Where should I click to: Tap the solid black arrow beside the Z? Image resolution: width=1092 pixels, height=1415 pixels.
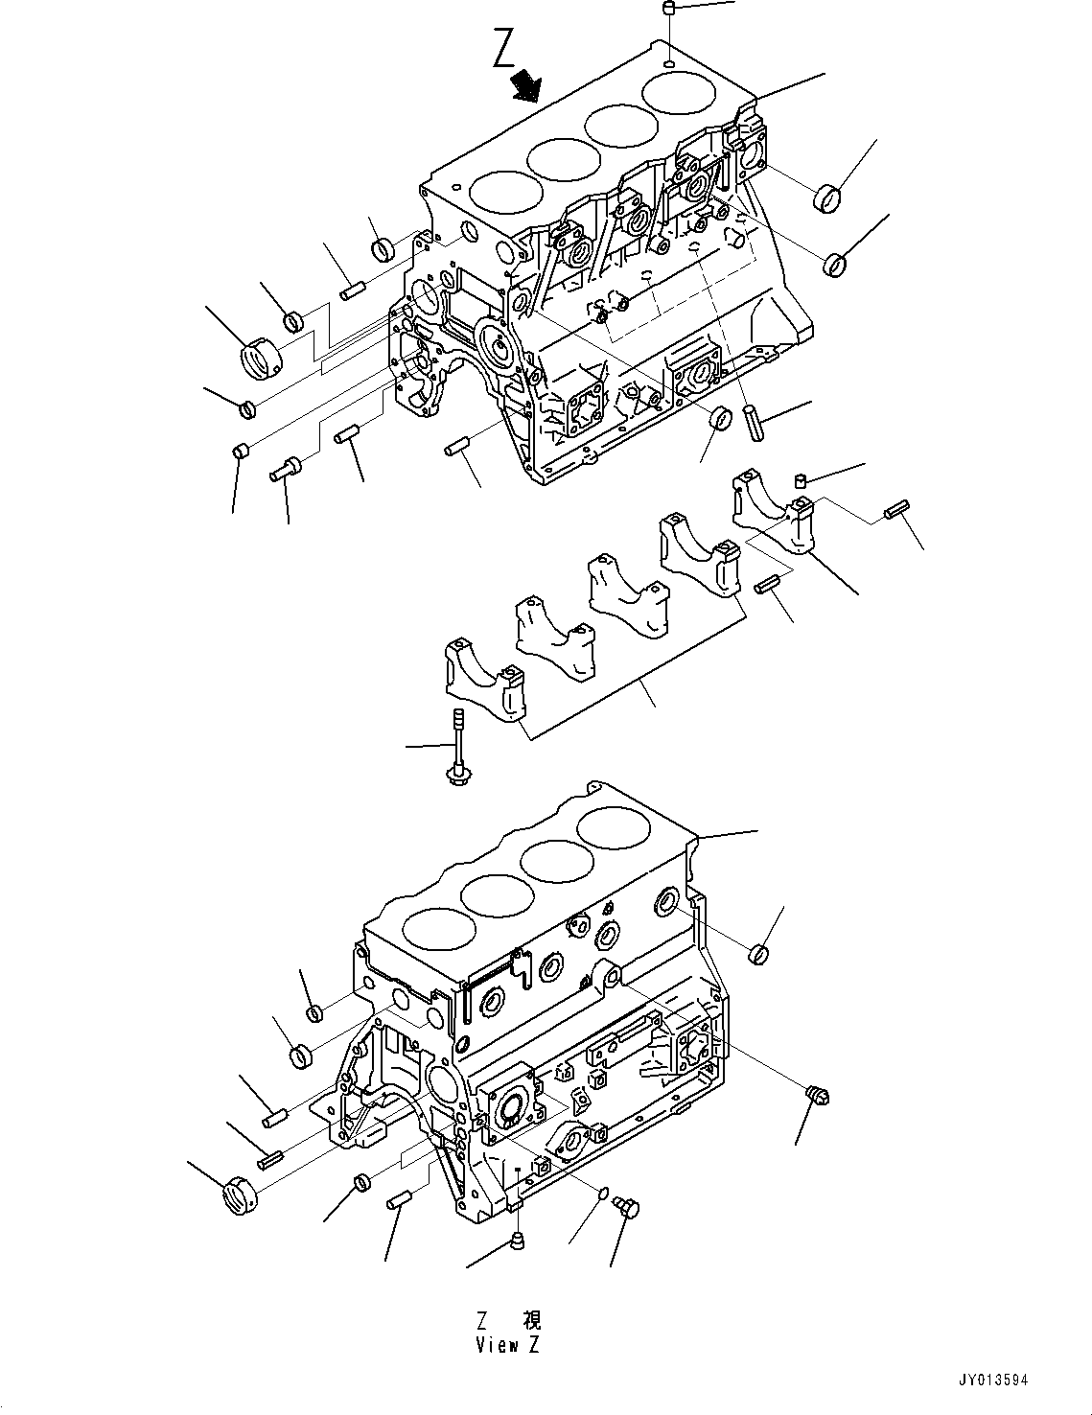[525, 85]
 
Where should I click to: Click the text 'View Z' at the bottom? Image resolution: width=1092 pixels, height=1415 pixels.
[507, 1345]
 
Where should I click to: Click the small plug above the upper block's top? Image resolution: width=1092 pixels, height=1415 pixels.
[670, 10]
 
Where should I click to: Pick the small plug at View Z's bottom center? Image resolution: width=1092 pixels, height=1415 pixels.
[518, 1242]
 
